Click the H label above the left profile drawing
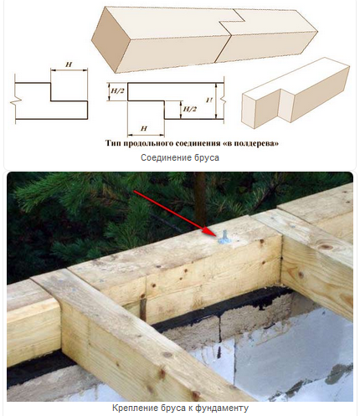point(69,64)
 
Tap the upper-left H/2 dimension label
point(117,91)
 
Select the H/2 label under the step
point(189,109)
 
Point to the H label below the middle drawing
point(144,129)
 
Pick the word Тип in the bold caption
point(113,143)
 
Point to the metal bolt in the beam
point(224,238)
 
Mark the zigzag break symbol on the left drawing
point(15,101)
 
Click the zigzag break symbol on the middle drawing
point(223,100)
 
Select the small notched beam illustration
point(296,93)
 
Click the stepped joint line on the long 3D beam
point(229,34)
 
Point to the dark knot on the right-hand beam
point(327,247)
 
